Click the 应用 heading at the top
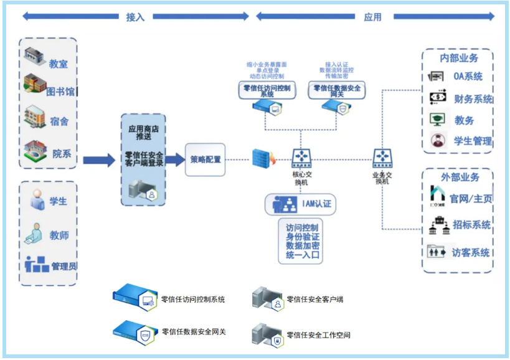pyautogui.click(x=372, y=17)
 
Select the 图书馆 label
pyautogui.click(x=60, y=92)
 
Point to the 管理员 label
pyautogui.click(x=64, y=267)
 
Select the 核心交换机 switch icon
pyautogui.click(x=301, y=158)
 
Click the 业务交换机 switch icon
pyautogui.click(x=382, y=158)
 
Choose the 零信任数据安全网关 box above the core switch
pyautogui.click(x=337, y=91)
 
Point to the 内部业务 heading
pyautogui.click(x=459, y=58)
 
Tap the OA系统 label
pyautogui.click(x=468, y=77)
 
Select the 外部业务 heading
pyautogui.click(x=460, y=178)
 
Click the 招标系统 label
pyautogui.click(x=471, y=224)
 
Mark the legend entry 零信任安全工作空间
pyautogui.click(x=314, y=334)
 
